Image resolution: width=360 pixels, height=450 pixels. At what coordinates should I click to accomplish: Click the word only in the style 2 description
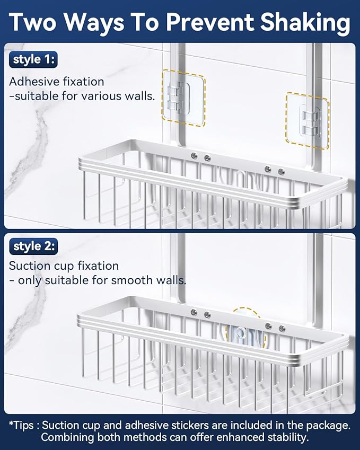tap(30, 280)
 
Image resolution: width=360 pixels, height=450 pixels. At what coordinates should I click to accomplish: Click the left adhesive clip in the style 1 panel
tap(183, 97)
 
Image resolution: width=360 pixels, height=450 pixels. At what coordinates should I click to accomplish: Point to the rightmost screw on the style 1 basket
tap(281, 171)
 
